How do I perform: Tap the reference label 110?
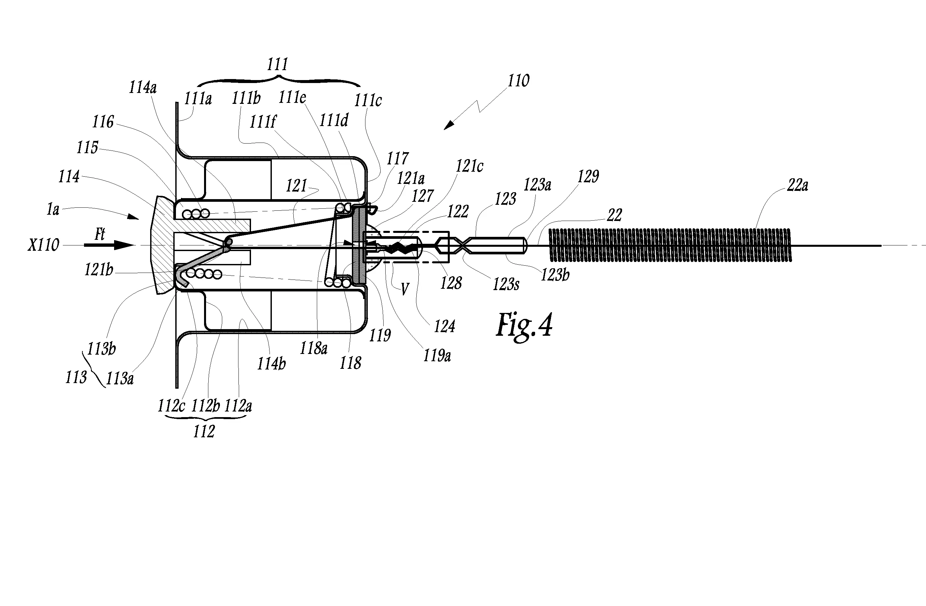(518, 81)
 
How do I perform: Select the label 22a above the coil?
(797, 185)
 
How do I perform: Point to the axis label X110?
(43, 245)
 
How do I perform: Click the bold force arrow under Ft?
(109, 245)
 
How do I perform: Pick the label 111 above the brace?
(277, 64)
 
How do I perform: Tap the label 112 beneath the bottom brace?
(204, 431)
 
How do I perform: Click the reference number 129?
(588, 177)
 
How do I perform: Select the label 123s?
(506, 284)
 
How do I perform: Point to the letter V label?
(405, 289)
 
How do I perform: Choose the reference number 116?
(103, 122)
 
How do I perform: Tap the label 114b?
(271, 364)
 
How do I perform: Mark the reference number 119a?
(437, 356)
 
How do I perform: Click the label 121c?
(469, 167)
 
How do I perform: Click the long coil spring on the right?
(669, 245)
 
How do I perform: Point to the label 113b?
(101, 349)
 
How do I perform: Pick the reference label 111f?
(263, 122)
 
